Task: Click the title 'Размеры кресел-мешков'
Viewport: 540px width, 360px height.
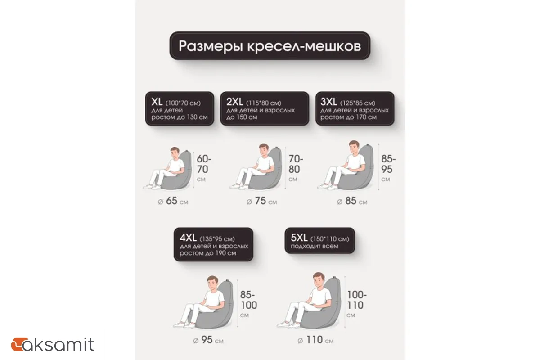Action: (270, 46)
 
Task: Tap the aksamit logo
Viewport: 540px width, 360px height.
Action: (53, 345)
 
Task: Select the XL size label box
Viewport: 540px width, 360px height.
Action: (179, 108)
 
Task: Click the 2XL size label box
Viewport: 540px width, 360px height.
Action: (264, 108)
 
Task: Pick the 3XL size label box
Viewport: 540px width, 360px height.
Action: (355, 108)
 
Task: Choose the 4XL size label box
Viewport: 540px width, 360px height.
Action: (213, 244)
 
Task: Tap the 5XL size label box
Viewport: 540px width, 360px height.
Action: (319, 241)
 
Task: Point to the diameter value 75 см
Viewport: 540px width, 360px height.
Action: (261, 202)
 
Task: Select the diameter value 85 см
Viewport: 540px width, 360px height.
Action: (352, 202)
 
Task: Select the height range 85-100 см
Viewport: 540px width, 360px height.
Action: (248, 301)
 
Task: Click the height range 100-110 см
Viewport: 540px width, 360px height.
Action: (356, 301)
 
